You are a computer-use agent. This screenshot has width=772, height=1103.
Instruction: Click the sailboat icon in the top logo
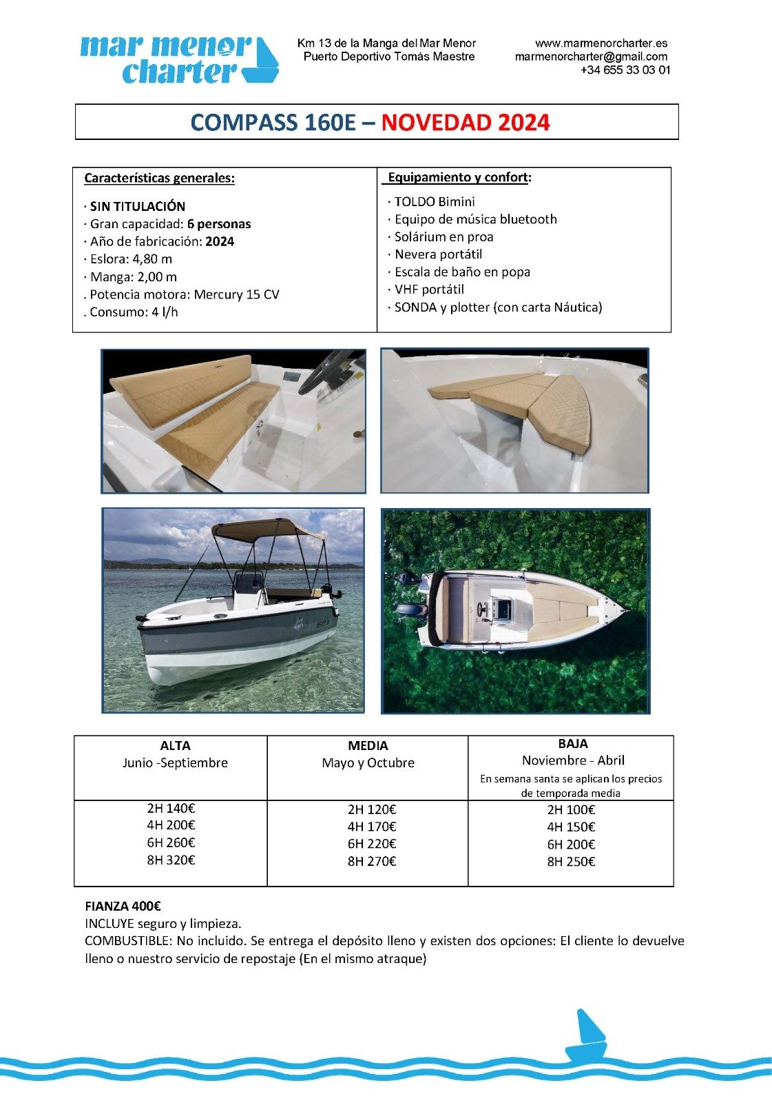pos(265,62)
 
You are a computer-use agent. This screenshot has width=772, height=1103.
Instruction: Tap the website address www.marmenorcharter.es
pos(601,43)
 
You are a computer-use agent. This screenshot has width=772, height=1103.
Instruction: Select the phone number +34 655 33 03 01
pos(625,70)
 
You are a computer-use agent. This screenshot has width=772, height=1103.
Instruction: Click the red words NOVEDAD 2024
pos(466,123)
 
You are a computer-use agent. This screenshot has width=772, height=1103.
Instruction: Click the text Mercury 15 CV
pos(236,294)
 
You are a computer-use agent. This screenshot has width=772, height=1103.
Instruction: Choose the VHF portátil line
pos(429,290)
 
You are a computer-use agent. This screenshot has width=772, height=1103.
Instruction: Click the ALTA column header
pos(175,745)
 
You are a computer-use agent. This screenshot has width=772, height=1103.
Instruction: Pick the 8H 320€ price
pos(171,860)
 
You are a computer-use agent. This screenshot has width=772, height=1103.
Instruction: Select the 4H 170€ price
pos(372,827)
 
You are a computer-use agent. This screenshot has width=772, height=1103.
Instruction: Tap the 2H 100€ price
pos(571,810)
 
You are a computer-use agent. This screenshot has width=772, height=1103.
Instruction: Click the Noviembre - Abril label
pos(573,760)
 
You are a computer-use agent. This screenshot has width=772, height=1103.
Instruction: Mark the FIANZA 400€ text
pos(123,907)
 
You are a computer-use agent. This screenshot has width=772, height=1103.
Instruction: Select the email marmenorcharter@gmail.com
pos(591,57)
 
